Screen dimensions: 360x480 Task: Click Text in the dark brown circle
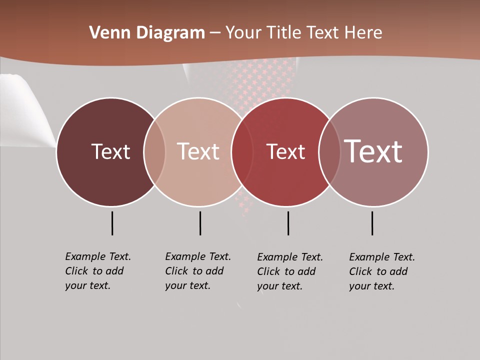click(x=110, y=152)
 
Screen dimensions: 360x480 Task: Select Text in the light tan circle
click(x=198, y=152)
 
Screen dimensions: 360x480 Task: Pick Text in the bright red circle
click(x=285, y=152)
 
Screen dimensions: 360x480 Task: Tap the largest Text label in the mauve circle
click(x=373, y=151)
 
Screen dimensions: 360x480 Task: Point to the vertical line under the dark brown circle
click(x=112, y=223)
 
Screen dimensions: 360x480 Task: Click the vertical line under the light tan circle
click(x=200, y=223)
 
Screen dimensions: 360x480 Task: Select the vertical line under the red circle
click(x=288, y=223)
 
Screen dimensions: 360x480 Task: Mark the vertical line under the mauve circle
click(x=372, y=223)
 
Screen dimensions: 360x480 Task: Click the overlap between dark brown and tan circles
click(x=154, y=152)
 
